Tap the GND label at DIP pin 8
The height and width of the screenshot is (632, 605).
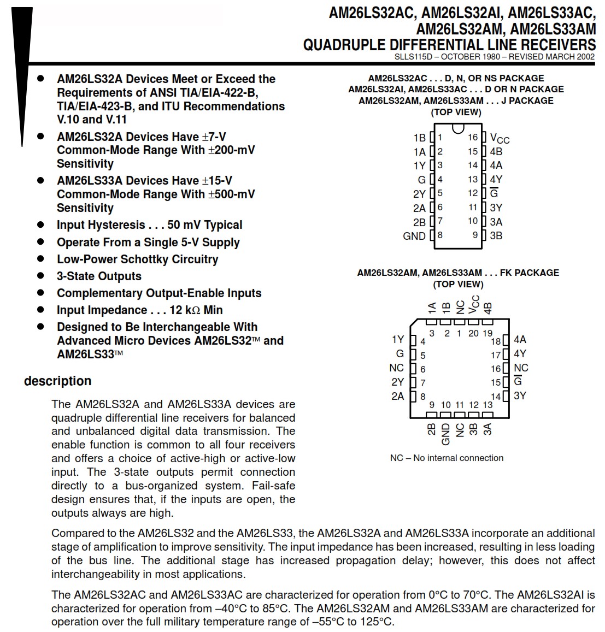(414, 236)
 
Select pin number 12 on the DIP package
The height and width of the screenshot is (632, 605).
(473, 193)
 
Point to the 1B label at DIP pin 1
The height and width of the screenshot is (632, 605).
(419, 138)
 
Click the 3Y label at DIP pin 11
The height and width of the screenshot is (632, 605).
(496, 208)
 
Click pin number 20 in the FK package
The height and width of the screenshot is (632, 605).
(473, 333)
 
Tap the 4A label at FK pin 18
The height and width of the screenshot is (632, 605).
(520, 340)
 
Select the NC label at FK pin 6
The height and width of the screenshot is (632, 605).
(396, 368)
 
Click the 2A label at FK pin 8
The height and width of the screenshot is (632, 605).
(397, 396)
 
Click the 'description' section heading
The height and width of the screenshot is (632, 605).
(57, 381)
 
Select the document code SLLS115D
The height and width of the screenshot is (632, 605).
(413, 57)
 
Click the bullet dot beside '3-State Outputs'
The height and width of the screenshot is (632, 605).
(40, 276)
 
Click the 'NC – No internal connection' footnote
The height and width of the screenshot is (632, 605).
(447, 458)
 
